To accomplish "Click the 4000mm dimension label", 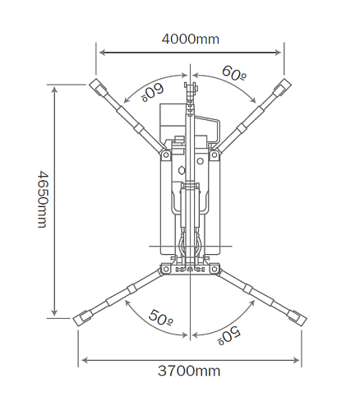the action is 191,39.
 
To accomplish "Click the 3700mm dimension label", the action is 189,371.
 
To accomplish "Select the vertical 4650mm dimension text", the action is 43,200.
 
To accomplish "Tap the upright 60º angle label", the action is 234,73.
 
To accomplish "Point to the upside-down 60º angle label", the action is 152,92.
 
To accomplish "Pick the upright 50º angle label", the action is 161,317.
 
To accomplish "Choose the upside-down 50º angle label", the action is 229,335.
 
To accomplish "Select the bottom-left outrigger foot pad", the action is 81,318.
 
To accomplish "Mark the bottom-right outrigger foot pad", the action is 298,318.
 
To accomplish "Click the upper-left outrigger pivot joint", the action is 165,155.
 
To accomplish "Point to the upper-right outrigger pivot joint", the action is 215,155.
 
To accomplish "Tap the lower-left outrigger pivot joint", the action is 165,269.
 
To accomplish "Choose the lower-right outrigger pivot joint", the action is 215,269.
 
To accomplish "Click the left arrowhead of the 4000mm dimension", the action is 102,53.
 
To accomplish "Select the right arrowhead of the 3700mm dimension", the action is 297,360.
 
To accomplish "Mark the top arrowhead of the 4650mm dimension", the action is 55,90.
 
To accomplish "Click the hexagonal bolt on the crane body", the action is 181,170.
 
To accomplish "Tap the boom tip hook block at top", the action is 191,87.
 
